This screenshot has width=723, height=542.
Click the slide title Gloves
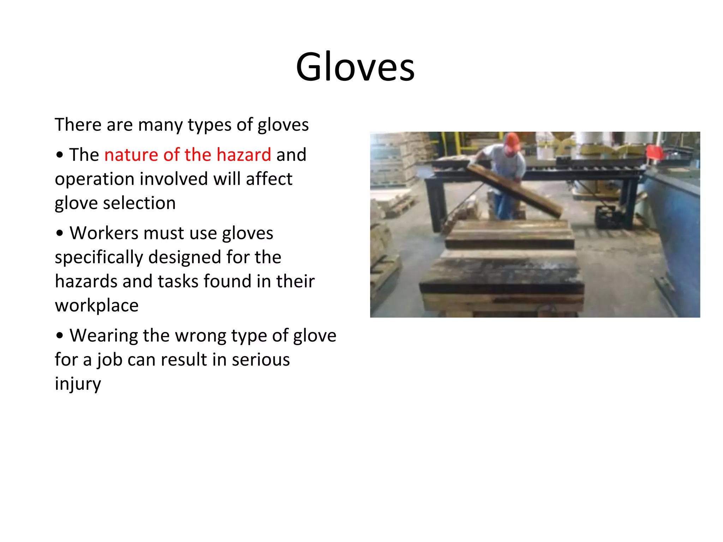tap(355, 67)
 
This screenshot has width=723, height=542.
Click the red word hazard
tap(244, 155)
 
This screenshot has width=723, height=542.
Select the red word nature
tap(131, 155)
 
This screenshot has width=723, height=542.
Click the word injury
tap(78, 384)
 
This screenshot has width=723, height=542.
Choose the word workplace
tap(97, 306)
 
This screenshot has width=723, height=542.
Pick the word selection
tap(139, 203)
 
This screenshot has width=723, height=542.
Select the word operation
tap(94, 179)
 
